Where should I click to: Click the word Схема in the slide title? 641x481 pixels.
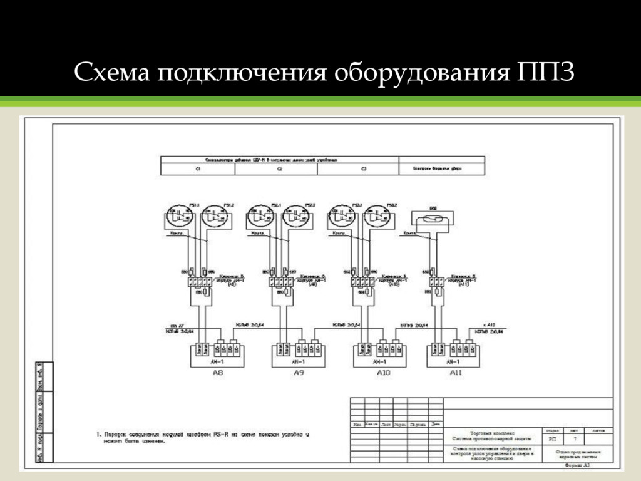(112, 73)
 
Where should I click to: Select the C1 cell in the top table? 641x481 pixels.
(198, 169)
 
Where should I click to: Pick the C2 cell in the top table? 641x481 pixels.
(280, 169)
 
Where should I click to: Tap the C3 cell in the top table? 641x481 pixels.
(363, 169)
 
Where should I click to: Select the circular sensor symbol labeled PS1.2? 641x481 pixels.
(215, 217)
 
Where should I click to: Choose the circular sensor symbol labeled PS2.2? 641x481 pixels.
(295, 217)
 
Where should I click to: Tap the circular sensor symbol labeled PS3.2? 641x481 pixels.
(377, 217)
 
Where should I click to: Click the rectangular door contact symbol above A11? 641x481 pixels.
(431, 219)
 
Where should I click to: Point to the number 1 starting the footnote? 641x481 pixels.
(98, 433)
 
